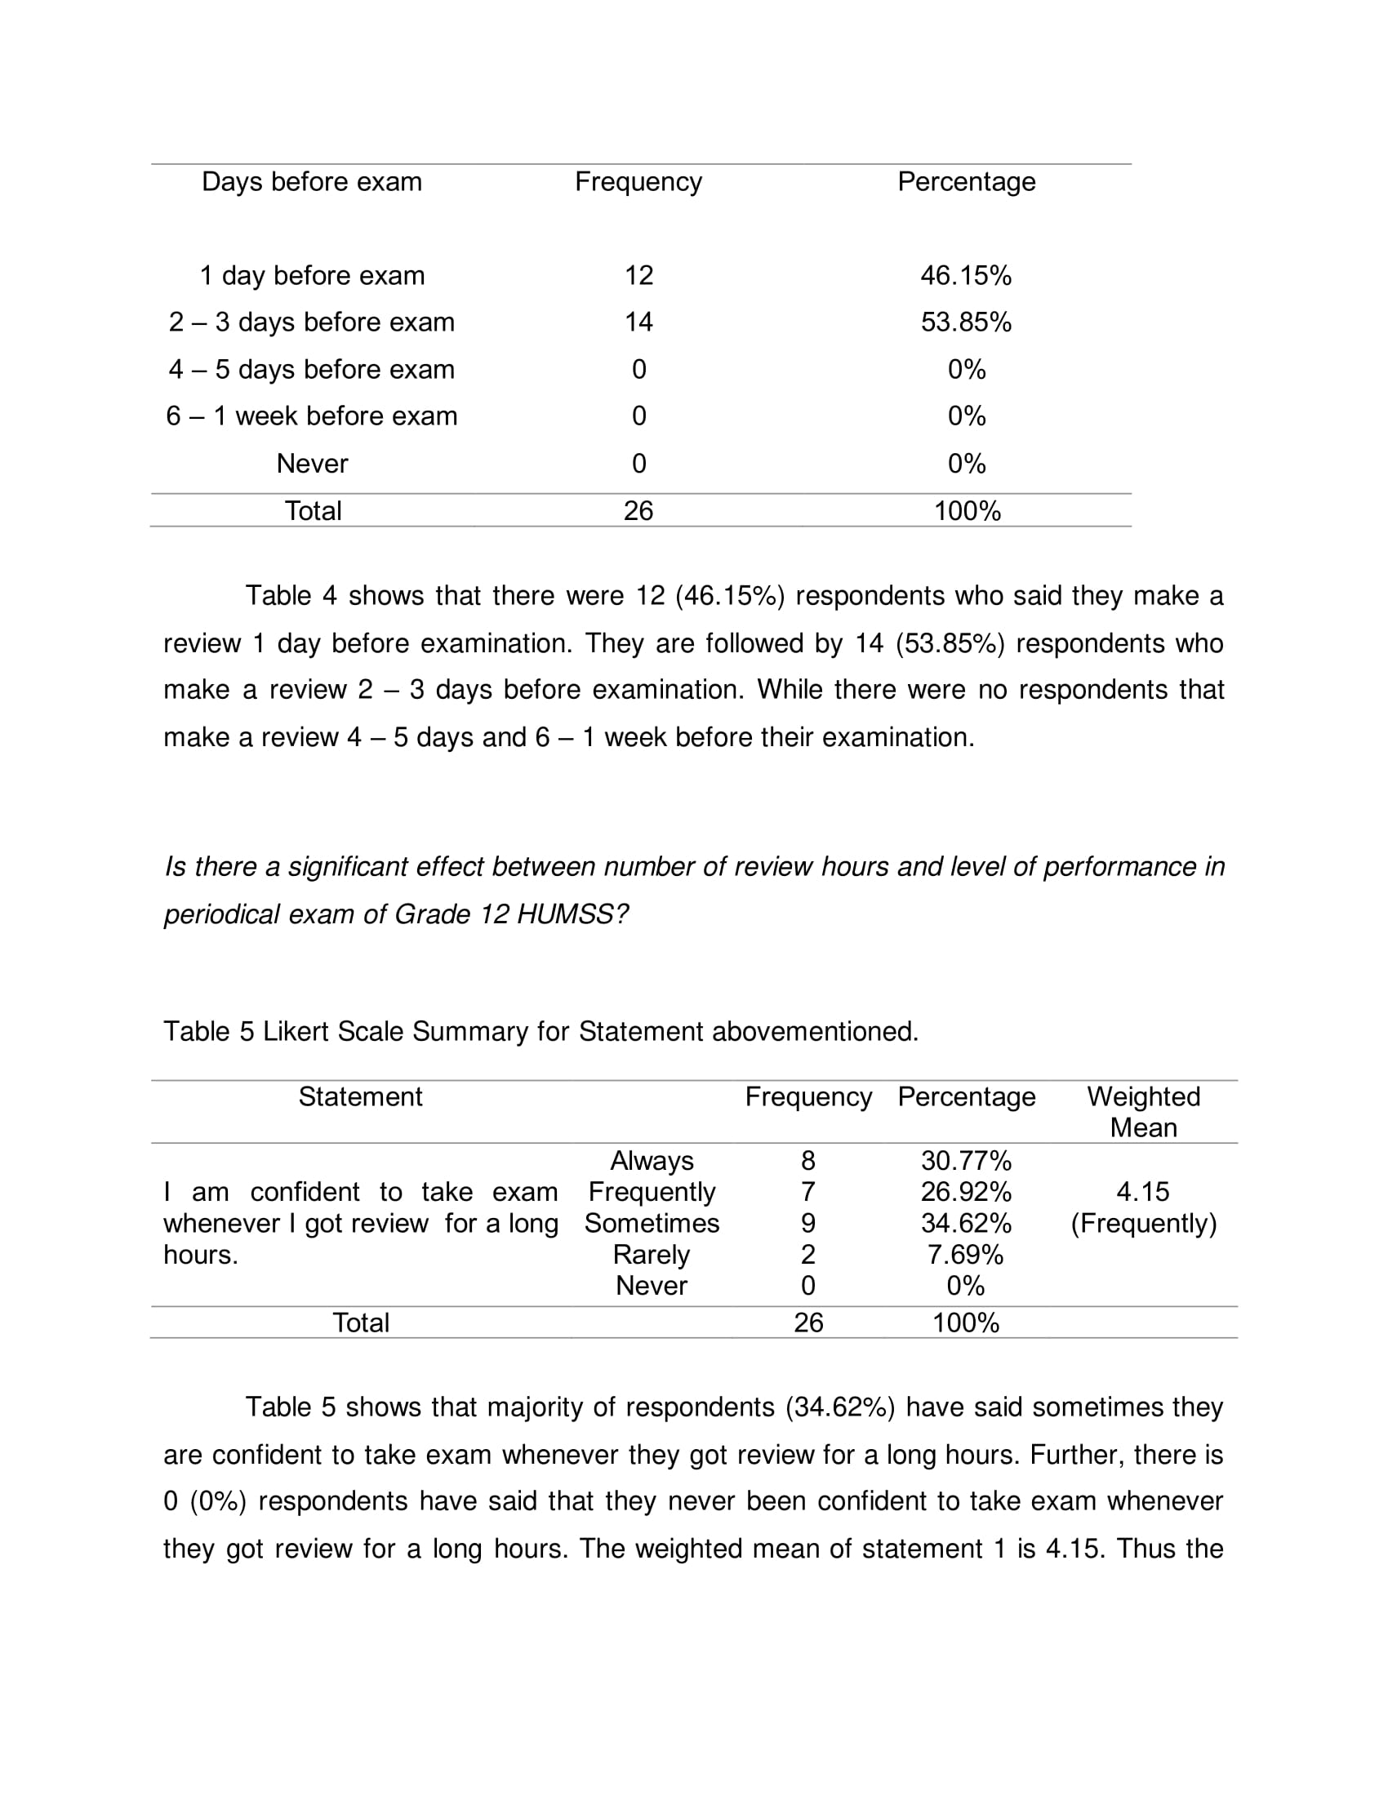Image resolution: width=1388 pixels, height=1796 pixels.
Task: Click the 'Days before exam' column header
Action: tap(312, 182)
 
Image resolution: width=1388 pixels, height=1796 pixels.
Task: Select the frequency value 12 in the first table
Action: tap(638, 275)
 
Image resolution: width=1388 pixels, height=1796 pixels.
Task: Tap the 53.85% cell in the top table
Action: tap(965, 322)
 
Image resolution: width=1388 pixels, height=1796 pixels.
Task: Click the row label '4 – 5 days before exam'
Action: tap(312, 369)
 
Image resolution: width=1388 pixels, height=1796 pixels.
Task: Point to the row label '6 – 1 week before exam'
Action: tap(312, 416)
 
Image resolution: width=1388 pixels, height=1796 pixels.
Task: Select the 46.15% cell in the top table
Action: tap(965, 275)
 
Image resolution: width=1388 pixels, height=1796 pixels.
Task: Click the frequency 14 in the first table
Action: tap(638, 322)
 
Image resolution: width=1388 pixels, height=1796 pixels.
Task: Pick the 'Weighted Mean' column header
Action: tap(1143, 1112)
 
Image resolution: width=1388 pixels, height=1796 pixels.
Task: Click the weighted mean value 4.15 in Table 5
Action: tap(1143, 1192)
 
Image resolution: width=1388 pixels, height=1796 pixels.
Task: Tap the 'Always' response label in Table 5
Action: tap(652, 1160)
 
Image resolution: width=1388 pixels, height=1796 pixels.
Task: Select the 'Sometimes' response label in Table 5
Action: tap(652, 1223)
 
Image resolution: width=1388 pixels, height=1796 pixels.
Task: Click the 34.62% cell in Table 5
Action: tap(965, 1223)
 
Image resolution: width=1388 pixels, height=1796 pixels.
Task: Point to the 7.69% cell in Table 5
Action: tap(965, 1255)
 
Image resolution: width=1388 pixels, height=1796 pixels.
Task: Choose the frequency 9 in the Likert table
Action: tap(807, 1223)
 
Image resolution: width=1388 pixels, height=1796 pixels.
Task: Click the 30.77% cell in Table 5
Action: tap(965, 1160)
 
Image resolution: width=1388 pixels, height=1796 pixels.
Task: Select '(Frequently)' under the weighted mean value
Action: tap(1143, 1224)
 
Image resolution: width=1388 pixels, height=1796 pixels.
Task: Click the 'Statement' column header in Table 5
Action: tap(360, 1097)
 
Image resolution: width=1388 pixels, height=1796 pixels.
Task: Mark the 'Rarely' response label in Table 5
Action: tap(652, 1255)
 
